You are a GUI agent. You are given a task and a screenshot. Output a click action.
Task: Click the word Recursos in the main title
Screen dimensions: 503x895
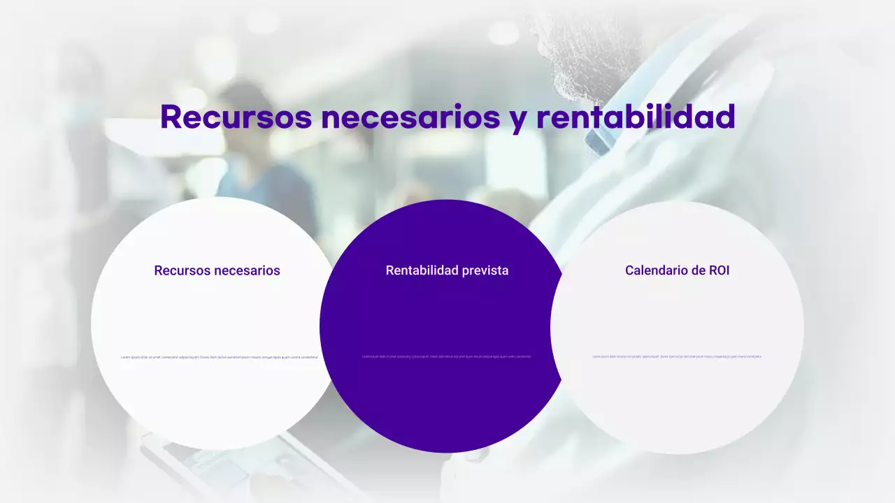(236, 117)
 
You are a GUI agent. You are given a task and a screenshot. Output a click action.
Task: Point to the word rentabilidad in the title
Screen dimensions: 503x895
(636, 117)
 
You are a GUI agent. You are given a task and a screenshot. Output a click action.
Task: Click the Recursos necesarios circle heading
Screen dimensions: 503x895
(217, 270)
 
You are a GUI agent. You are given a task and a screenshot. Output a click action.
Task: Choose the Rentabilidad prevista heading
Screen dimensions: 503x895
(447, 270)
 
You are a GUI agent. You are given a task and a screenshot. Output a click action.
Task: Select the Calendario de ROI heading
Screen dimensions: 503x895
(677, 270)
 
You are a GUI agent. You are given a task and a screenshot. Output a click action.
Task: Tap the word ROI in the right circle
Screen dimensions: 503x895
(719, 270)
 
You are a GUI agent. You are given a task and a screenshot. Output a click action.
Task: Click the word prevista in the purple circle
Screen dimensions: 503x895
(484, 270)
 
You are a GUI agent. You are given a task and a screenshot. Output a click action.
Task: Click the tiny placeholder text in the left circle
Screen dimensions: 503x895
(220, 357)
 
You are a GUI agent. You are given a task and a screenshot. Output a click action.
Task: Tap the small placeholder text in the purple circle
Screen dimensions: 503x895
(447, 356)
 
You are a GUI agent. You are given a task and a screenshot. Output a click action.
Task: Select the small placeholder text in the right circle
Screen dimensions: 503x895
(677, 356)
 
